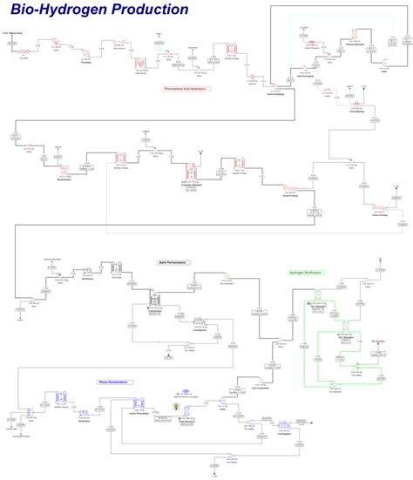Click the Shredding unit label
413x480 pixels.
(85, 63)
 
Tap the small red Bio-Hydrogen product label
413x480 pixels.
(377, 342)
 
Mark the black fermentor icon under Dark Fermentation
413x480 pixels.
(157, 299)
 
